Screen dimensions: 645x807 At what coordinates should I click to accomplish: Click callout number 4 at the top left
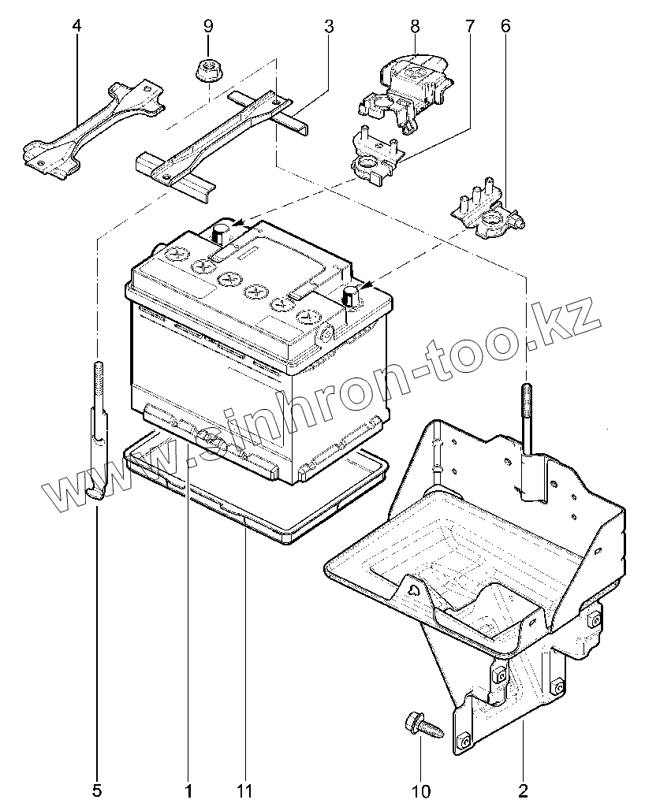click(x=76, y=26)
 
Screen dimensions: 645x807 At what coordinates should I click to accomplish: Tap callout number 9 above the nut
click(x=208, y=26)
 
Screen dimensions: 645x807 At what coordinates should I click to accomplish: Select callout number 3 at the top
click(x=328, y=26)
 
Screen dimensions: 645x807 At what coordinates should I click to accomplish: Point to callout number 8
click(x=413, y=26)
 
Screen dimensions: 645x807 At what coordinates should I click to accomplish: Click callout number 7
click(x=470, y=26)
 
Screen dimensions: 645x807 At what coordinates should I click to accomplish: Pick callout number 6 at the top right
click(x=505, y=26)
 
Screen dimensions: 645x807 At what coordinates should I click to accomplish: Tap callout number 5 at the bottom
click(x=97, y=789)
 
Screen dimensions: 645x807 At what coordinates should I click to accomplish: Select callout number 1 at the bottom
click(x=188, y=789)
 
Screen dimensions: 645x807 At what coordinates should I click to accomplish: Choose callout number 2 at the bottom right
click(x=523, y=789)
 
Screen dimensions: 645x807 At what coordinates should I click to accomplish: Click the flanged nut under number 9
click(x=207, y=71)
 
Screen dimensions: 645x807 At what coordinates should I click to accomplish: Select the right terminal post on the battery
click(x=349, y=296)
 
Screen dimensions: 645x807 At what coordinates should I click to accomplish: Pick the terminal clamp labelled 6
click(x=487, y=214)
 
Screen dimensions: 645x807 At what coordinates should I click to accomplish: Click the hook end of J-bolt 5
click(x=95, y=492)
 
